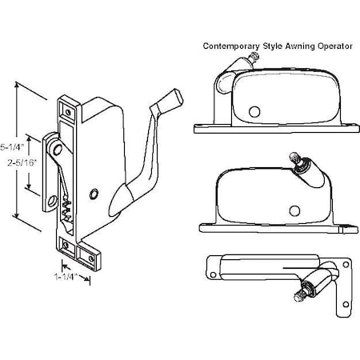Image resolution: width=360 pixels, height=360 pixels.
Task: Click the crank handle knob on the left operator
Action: pyautogui.click(x=164, y=102)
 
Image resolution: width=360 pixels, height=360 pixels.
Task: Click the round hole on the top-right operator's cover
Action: pyautogui.click(x=256, y=111)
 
